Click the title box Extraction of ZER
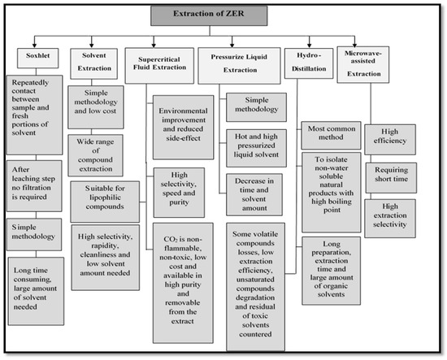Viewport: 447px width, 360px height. (x=222, y=15)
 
